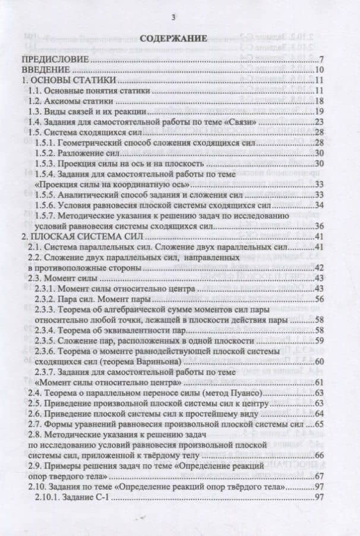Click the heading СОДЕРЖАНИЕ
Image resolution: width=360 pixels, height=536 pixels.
click(x=173, y=38)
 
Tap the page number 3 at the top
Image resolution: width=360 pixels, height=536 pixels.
click(x=173, y=15)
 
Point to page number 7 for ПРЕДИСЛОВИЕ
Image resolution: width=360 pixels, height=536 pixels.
click(x=320, y=59)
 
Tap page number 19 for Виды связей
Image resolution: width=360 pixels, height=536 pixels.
click(x=318, y=111)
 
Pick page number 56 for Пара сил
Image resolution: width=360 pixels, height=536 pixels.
click(x=318, y=299)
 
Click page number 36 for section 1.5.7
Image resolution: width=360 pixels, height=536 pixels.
click(x=318, y=226)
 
